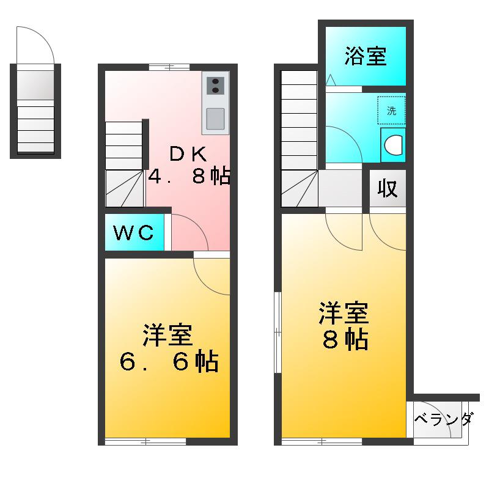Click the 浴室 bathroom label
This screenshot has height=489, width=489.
365,56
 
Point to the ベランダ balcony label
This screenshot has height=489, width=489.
443,420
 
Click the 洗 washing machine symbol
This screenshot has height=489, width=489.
391,111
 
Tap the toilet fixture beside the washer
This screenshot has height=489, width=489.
393,145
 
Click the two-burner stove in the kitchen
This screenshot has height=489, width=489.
215,86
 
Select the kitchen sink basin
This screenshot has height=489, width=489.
215,119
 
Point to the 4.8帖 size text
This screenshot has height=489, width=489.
189,177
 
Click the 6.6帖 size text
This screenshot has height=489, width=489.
169,363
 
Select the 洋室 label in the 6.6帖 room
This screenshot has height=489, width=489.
168,336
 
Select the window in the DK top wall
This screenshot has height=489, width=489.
169,67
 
